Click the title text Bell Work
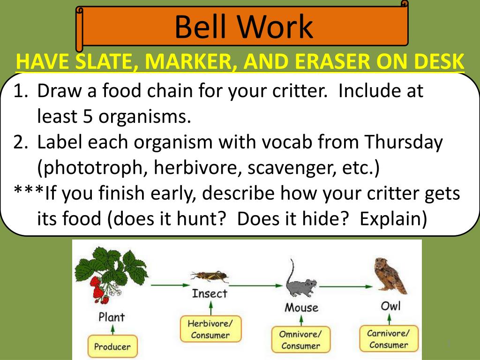tap(244, 27)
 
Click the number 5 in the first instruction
tap(88, 116)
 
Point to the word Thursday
tap(404, 142)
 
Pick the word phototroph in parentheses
tap(92, 168)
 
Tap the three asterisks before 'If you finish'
tap(29, 190)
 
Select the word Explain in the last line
tap(393, 219)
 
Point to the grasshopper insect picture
tap(210, 277)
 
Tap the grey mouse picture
tap(300, 279)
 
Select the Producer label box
tap(112, 346)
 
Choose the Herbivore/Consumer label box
tap(210, 329)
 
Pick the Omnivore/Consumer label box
tap(300, 339)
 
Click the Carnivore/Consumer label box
tap(389, 338)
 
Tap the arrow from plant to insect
tap(170, 285)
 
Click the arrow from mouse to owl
tap(346, 286)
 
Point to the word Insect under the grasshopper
tap(210, 293)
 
